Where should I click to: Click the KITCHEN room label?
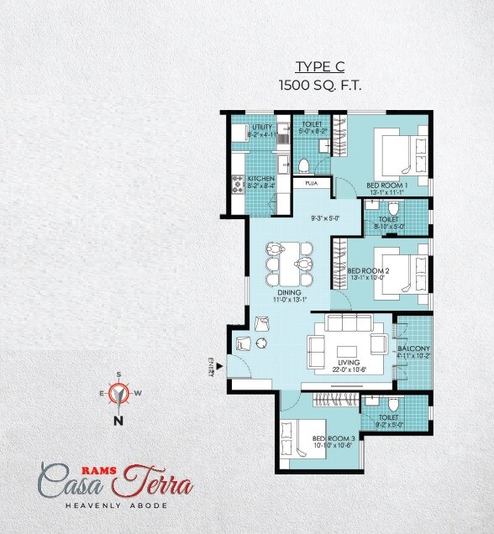pyautogui.click(x=259, y=180)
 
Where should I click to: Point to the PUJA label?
pyautogui.click(x=311, y=183)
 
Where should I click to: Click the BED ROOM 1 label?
pyautogui.click(x=386, y=185)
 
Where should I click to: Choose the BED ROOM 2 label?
pyautogui.click(x=369, y=271)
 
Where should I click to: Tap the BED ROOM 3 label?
pyautogui.click(x=334, y=439)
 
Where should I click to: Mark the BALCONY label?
pyautogui.click(x=413, y=349)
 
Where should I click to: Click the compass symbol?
pyautogui.click(x=119, y=392)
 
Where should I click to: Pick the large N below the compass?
pyautogui.click(x=119, y=421)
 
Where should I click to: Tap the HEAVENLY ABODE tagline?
pyautogui.click(x=116, y=505)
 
